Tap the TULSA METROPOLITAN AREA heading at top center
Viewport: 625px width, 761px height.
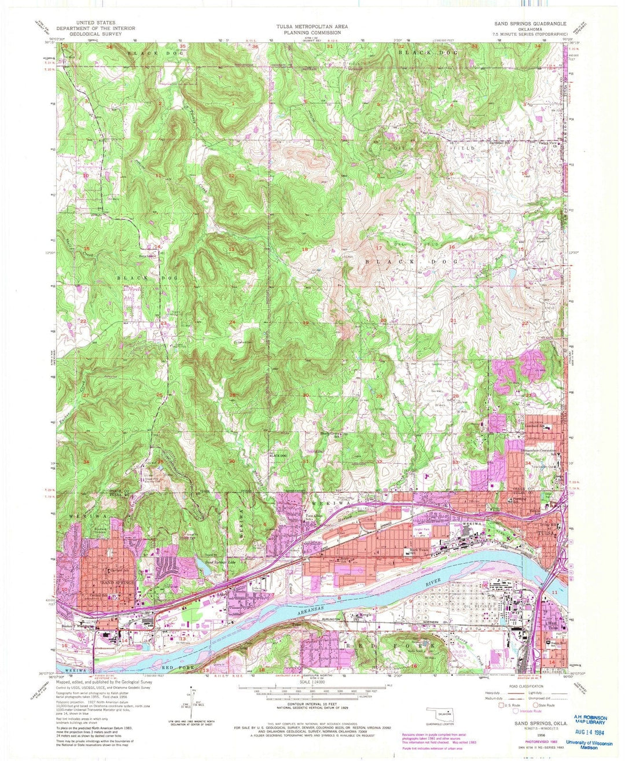pos(308,27)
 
